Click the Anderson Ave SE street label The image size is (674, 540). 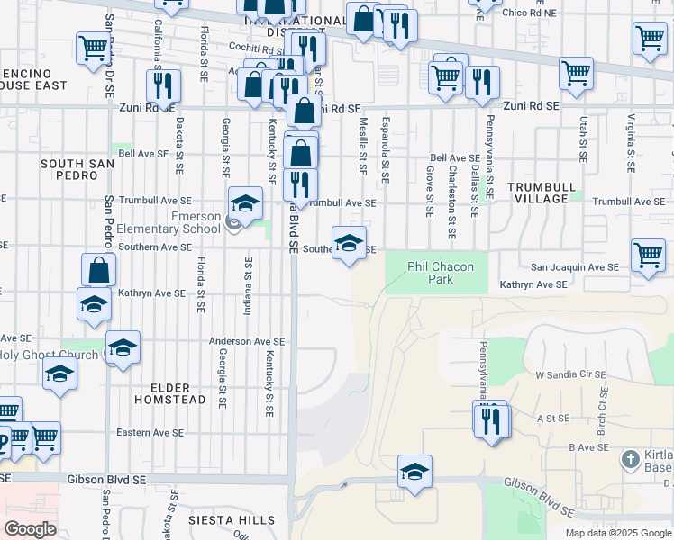click(247, 342)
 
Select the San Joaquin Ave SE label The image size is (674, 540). click(574, 267)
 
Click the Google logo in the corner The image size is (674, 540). click(30, 529)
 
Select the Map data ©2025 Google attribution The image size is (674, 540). click(617, 533)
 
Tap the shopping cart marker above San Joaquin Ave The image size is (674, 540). click(648, 254)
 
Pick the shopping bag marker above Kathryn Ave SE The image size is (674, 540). click(98, 269)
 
